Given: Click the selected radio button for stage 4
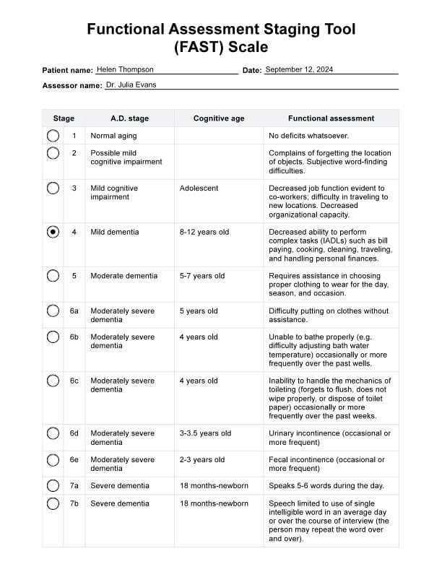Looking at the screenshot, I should pos(53,232).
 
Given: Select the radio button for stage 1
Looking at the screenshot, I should pos(53,135).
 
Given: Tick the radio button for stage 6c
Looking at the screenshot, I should pos(53,381).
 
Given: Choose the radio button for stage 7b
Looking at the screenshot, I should pos(53,503).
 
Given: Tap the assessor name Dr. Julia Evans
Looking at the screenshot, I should pos(131,84).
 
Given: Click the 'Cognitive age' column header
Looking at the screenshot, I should pos(219,118).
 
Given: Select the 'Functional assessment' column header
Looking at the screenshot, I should pos(331,118).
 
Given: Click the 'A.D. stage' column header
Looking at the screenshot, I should pos(129,118).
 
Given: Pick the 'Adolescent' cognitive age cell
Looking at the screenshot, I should pos(199,188).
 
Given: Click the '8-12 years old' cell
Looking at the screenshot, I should pos(204,232).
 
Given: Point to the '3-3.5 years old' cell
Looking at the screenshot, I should pos(205,433).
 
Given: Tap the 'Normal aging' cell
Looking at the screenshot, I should pos(113,136).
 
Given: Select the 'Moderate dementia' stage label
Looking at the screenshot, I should pos(124,276).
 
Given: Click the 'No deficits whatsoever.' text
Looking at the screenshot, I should pos(308,136).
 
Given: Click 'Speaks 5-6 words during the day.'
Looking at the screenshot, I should pos(326,485).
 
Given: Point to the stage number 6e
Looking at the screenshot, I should pos(74,459).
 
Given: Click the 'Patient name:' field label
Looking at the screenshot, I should pos(68,71).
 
